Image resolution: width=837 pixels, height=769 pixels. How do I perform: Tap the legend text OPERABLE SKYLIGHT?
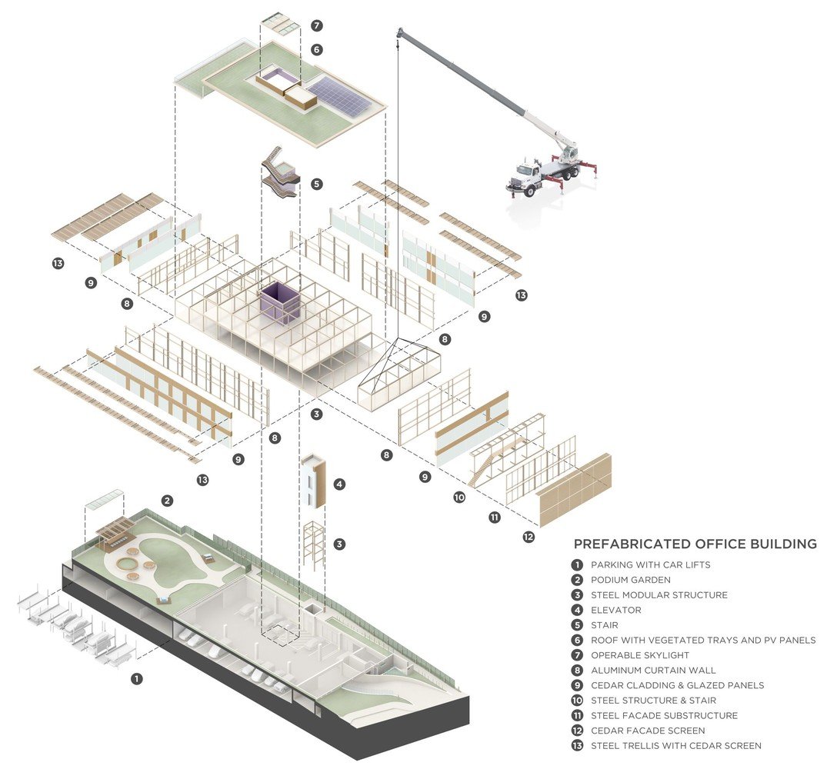[639, 655]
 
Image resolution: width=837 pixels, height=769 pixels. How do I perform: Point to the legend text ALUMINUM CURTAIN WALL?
[651, 670]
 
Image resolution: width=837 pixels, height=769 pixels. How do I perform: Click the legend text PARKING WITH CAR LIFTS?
[650, 564]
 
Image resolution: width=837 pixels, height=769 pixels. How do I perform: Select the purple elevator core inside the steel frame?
[282, 301]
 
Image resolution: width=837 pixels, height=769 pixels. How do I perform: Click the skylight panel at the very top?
[281, 24]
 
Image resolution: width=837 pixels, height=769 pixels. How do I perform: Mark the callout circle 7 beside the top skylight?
[317, 25]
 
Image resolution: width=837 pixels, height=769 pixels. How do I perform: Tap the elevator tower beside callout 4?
[315, 481]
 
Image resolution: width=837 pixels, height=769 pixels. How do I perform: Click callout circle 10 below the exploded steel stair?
[459, 498]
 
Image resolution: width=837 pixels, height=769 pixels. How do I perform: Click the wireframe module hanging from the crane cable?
[399, 375]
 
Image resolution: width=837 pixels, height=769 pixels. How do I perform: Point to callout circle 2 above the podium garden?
[167, 501]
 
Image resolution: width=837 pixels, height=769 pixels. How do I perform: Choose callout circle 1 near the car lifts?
[136, 678]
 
